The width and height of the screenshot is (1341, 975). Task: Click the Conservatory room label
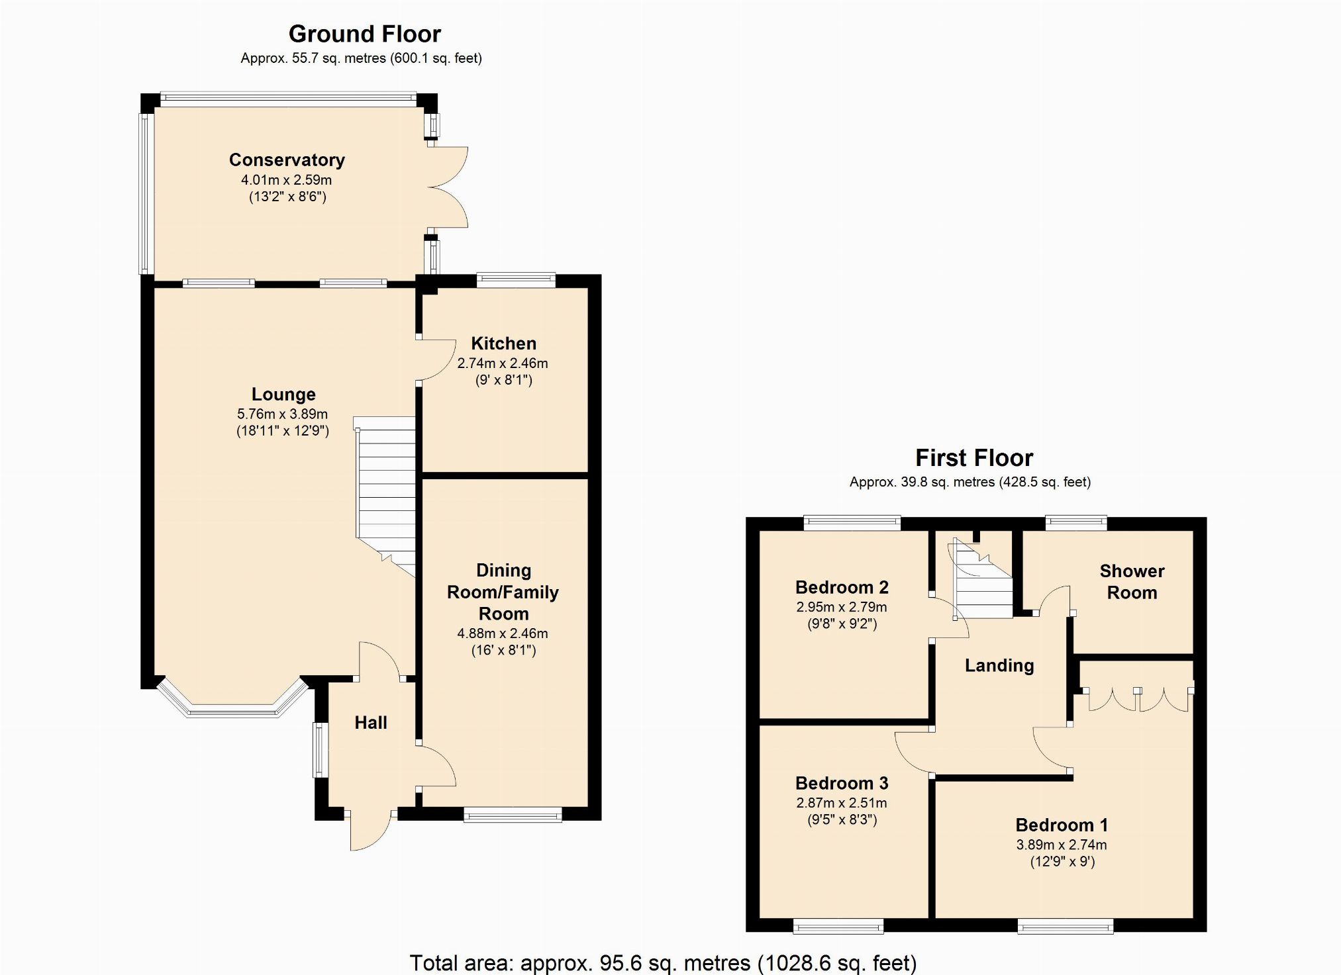[287, 160]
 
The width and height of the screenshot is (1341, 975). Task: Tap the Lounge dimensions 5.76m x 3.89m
[283, 414]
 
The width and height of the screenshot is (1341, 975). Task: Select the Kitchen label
[503, 344]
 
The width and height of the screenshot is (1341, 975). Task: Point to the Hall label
[371, 723]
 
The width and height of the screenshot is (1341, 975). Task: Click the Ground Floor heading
[365, 34]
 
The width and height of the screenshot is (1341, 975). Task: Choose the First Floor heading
[974, 458]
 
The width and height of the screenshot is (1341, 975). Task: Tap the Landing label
[999, 666]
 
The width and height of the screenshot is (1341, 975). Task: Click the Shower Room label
[1132, 582]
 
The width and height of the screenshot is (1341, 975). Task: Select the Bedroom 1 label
[1062, 825]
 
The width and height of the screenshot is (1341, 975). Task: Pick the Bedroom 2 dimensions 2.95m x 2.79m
[842, 607]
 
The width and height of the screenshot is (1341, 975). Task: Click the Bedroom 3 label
[842, 784]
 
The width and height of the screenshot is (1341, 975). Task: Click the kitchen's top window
[516, 280]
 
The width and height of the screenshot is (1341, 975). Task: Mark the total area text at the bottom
[663, 962]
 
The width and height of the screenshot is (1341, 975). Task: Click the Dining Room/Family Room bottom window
[513, 815]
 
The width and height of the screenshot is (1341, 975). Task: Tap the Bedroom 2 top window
[852, 523]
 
